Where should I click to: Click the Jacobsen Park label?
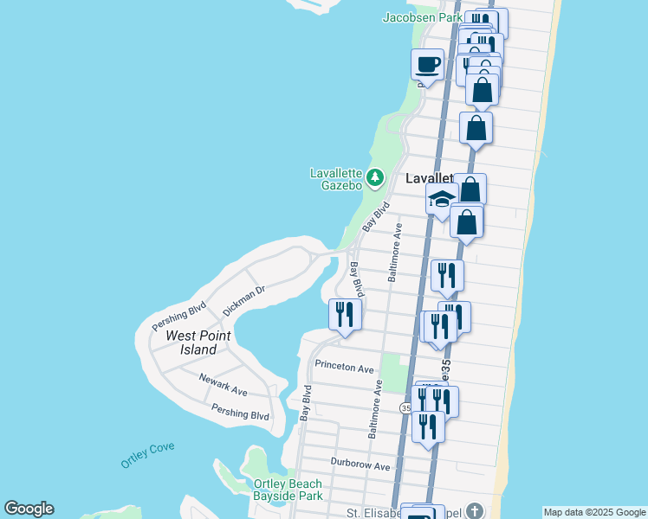(423, 17)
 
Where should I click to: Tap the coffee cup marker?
(427, 63)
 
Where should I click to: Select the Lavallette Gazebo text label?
(336, 179)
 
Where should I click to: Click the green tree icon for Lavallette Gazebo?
(374, 178)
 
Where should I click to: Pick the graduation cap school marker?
(441, 200)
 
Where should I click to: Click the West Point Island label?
(191, 343)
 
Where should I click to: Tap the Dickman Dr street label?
(242, 298)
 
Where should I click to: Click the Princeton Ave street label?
(344, 366)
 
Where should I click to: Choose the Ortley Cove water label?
(147, 454)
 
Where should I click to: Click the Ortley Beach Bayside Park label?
(288, 490)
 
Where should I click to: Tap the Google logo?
(28, 509)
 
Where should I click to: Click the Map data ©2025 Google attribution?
(594, 512)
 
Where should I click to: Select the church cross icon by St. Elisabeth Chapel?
(474, 510)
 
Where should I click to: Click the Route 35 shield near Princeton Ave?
(405, 407)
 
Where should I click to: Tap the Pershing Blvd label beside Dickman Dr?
(178, 316)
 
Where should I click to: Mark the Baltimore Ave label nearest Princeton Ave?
(376, 409)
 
